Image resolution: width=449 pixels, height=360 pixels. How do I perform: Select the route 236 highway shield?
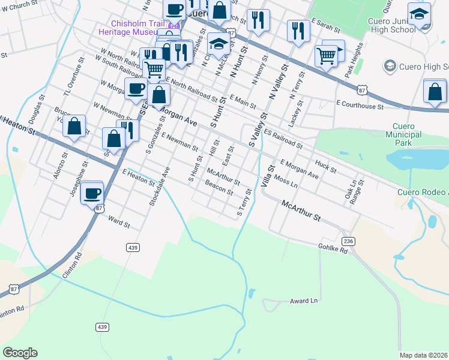coord(348,241)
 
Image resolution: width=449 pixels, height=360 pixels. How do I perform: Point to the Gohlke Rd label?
coord(333,249)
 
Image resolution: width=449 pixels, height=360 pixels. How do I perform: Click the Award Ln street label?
coord(303,301)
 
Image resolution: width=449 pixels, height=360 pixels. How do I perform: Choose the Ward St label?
coord(118,223)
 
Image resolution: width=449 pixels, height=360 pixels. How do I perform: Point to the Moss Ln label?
coord(285,179)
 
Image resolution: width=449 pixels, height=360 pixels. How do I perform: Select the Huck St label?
coord(325,166)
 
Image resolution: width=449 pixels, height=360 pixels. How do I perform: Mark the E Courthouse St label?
coord(360,106)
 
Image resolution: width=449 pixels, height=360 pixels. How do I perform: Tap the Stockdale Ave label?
coord(160,186)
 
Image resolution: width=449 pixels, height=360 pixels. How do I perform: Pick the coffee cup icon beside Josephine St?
coord(92,193)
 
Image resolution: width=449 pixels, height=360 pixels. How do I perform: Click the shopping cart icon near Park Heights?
coord(325,56)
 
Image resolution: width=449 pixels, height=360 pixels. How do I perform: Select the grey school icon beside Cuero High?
coord(390,65)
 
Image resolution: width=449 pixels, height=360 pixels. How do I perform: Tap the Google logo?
coord(20,353)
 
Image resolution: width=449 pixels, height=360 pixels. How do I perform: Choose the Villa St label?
coord(267,176)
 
